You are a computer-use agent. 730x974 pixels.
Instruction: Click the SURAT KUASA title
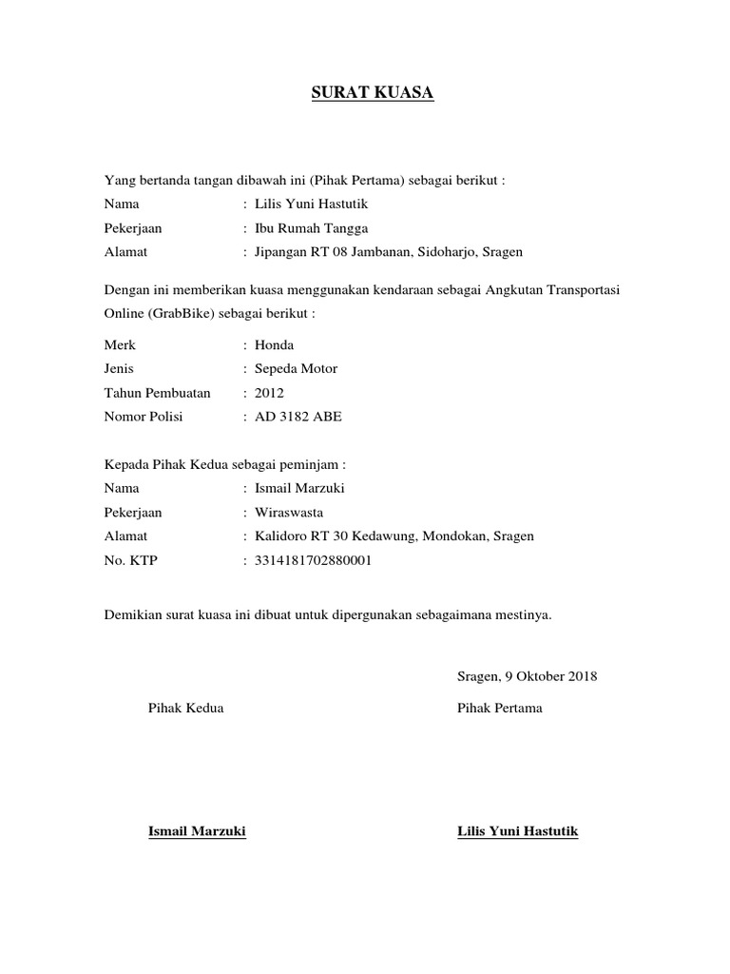coord(373,94)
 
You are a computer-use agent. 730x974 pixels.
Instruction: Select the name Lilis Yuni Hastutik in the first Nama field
coord(313,204)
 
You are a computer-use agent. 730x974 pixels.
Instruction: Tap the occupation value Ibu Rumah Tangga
coord(305,228)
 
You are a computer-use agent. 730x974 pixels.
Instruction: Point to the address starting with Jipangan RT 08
coord(383,252)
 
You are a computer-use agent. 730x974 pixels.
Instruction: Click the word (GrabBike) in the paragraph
coord(187,313)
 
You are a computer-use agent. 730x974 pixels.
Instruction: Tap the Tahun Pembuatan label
coord(157,393)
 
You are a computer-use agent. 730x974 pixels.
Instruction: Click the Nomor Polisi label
coord(144,417)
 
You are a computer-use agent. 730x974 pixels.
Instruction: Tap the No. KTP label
coord(131,560)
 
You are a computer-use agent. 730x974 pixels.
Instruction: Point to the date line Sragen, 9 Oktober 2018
coord(527,676)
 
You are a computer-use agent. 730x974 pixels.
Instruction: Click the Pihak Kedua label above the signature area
coord(186,709)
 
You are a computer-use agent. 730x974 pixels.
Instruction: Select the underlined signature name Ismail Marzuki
coord(198,832)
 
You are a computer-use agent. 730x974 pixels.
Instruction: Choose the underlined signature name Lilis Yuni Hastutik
coord(517,832)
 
